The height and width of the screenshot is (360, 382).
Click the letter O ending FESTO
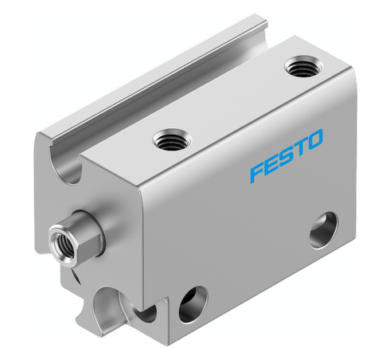[315, 142]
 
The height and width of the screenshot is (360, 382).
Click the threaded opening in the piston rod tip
[60, 237]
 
